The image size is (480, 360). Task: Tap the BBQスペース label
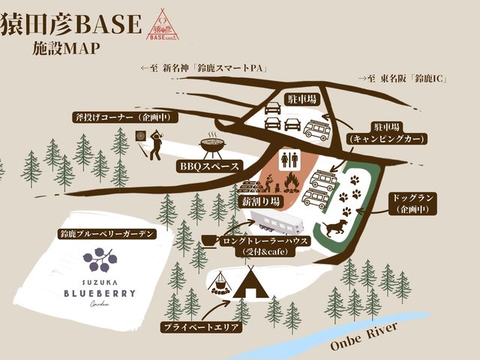[x=209, y=166]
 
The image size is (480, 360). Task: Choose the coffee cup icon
[x=208, y=240]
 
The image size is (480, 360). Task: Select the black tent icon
[x=247, y=286]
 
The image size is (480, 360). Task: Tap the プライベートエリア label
[x=202, y=328]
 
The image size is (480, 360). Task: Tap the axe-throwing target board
[x=139, y=136]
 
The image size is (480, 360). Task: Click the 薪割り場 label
[x=261, y=202]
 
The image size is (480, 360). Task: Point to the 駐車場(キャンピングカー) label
[x=387, y=133]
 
